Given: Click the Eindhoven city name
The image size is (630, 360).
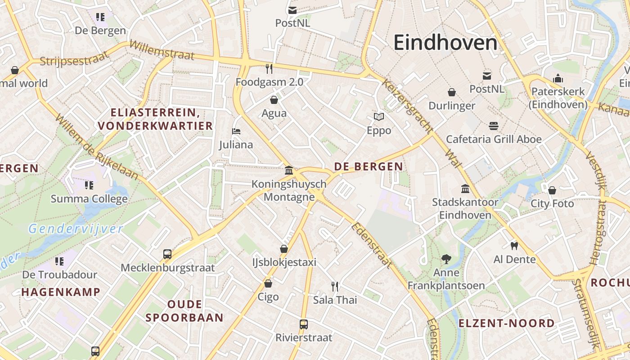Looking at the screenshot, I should (445, 43).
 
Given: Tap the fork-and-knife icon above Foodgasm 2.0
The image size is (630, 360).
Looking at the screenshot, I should (269, 69).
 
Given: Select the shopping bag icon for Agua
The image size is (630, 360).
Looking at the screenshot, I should (274, 99).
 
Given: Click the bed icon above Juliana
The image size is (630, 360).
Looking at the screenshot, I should (236, 131).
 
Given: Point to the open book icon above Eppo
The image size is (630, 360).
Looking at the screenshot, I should (379, 117).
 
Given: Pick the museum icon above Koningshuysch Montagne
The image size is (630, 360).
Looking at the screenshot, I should (289, 171).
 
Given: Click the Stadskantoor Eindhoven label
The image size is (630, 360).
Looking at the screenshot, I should (465, 208).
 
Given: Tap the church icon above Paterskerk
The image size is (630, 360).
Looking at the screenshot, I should (558, 78).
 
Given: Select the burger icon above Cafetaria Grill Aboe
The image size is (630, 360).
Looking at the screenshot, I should (494, 126).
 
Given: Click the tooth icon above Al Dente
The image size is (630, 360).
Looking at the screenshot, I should (514, 246).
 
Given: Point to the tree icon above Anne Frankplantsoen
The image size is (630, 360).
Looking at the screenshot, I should (446, 259).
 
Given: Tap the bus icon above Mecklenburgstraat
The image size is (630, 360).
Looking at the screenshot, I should (167, 254).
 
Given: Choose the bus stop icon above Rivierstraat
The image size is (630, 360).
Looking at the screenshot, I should (304, 324).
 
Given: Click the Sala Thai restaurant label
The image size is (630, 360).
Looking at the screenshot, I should (335, 300).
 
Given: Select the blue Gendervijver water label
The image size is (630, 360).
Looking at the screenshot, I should (76, 229).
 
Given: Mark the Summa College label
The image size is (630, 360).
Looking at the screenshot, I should (89, 198).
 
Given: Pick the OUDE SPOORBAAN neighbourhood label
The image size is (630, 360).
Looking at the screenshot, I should (184, 311).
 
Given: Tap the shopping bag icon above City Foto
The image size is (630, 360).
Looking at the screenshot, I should (552, 190).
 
